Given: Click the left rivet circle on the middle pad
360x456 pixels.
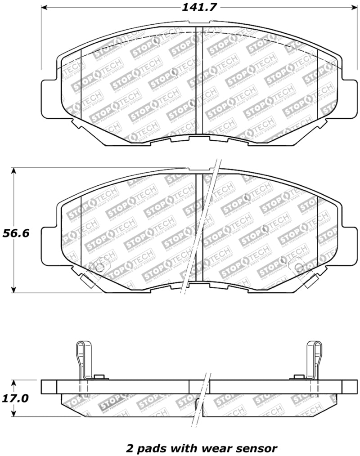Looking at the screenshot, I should [100, 268].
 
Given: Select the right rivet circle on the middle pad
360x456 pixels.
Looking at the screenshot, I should [298, 268].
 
